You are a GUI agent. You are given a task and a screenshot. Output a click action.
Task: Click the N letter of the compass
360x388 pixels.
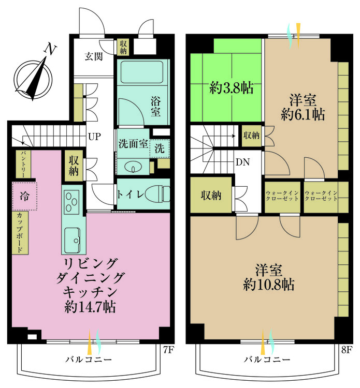tap(50, 49)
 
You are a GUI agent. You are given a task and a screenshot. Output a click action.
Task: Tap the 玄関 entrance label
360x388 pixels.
tap(93, 57)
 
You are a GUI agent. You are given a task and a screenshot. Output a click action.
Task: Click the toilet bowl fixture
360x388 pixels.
tap(156, 194)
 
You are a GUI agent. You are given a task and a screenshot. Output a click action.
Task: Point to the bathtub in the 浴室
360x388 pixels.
tap(142, 72)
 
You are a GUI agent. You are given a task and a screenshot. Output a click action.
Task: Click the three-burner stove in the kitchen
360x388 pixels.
tap(71, 202)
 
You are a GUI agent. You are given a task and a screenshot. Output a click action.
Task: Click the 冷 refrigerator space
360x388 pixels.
tap(24, 196)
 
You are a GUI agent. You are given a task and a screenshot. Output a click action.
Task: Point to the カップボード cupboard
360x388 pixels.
tap(20, 232)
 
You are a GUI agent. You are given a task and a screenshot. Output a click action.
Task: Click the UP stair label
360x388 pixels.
tap(94, 137)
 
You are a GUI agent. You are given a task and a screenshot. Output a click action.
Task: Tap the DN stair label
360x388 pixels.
tap(242, 162)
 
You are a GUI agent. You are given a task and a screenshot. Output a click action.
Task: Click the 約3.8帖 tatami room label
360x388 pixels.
tap(231, 88)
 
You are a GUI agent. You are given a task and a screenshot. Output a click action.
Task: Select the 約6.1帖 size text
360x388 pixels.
tap(303, 114)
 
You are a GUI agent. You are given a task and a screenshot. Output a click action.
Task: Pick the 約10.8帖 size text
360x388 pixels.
tap(268, 285)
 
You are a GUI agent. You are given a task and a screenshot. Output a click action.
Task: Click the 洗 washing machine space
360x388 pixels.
tap(160, 148)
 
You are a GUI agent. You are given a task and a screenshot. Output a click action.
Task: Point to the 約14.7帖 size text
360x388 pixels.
tap(90, 307)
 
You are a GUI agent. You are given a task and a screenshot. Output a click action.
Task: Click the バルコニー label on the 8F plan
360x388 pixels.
tap(267, 360)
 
